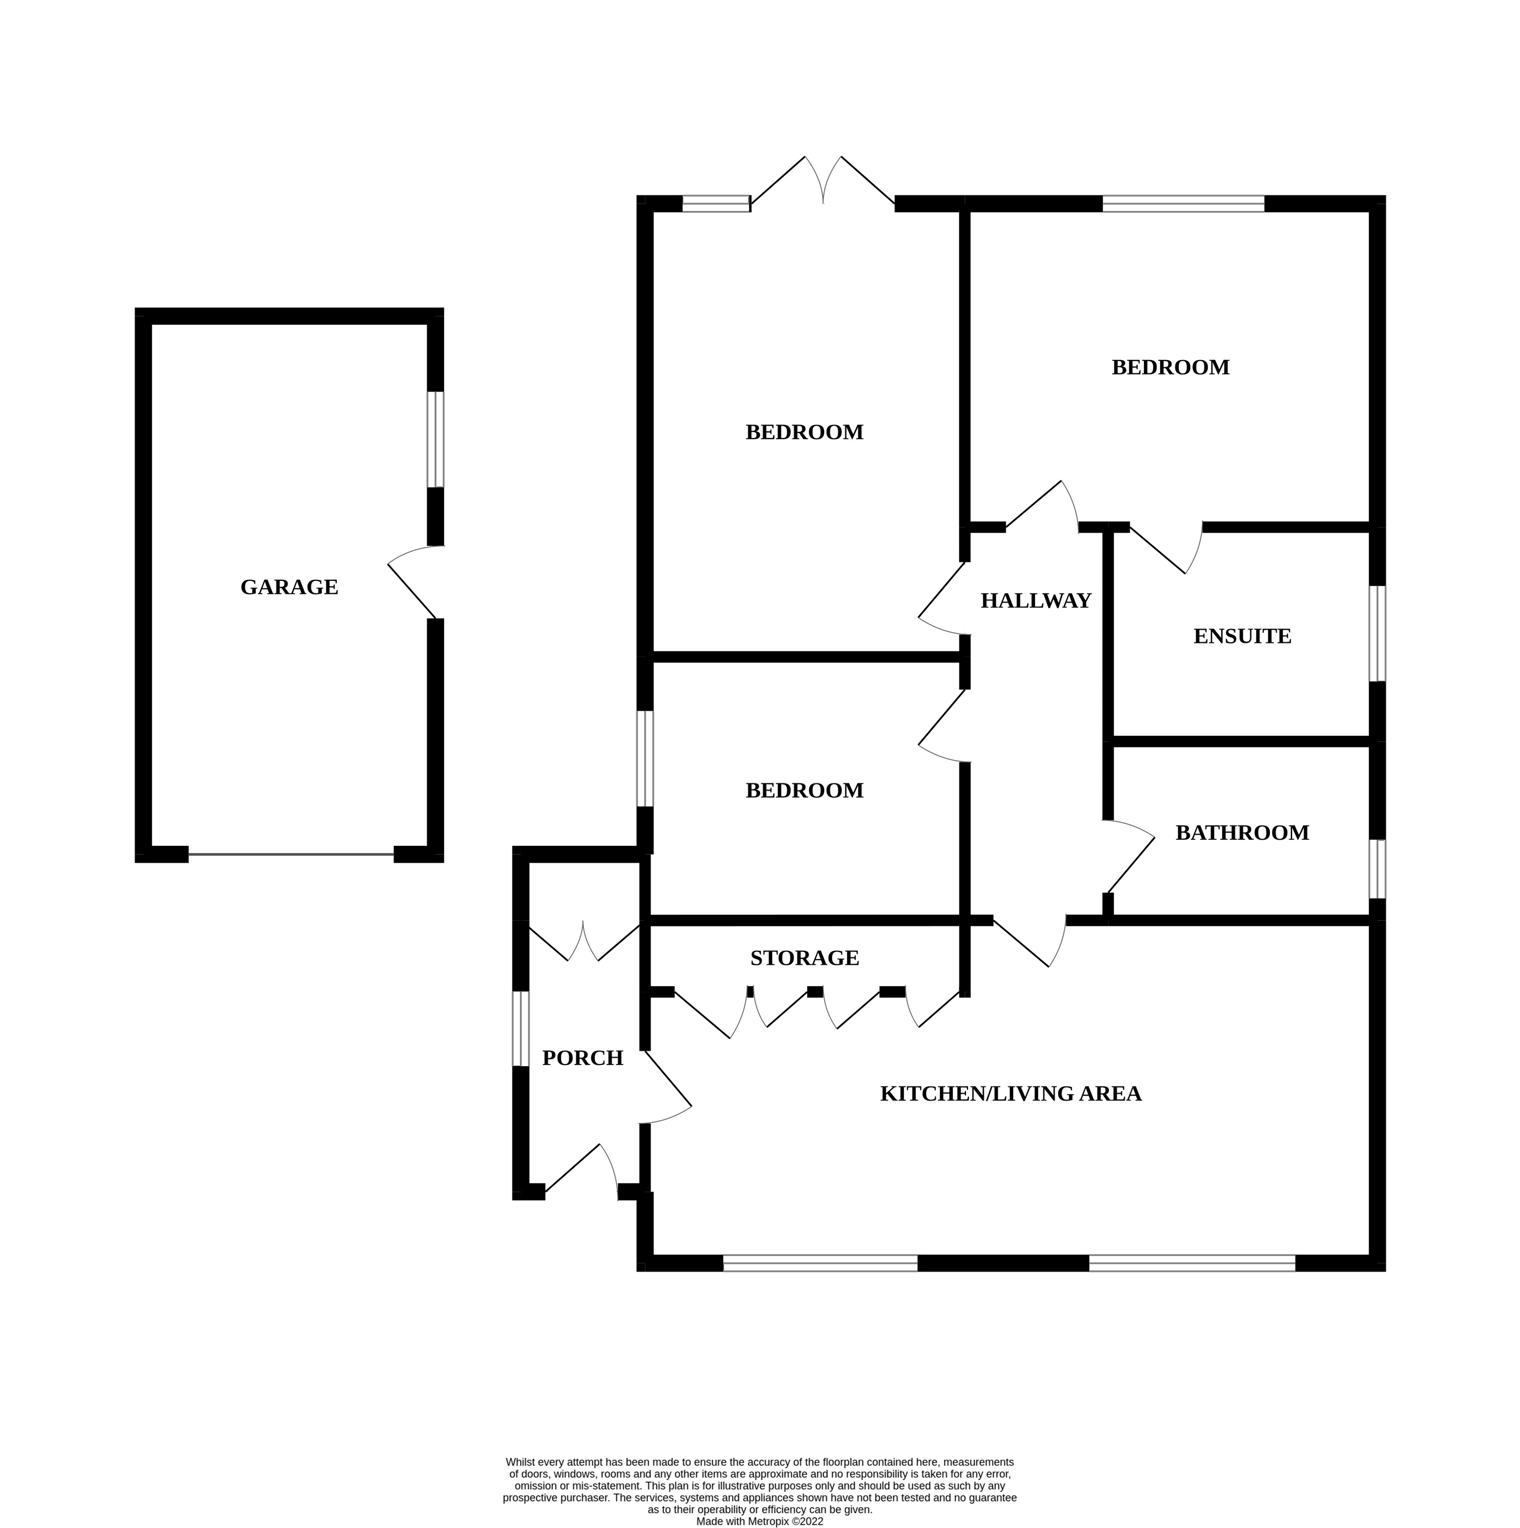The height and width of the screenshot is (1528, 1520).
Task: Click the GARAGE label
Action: coord(289,587)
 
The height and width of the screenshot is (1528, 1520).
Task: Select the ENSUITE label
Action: coord(1242,637)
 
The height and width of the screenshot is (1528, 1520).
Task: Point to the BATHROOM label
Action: coord(1242,833)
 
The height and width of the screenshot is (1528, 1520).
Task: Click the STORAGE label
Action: coord(804,958)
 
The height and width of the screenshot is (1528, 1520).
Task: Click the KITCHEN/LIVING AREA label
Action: coord(1010,1094)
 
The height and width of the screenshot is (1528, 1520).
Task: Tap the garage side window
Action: coord(435,440)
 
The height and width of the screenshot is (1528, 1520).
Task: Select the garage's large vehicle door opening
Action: coord(291,854)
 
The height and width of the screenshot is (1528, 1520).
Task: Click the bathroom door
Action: coord(1130,858)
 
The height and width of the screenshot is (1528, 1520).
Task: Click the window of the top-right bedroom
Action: coord(1183,203)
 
